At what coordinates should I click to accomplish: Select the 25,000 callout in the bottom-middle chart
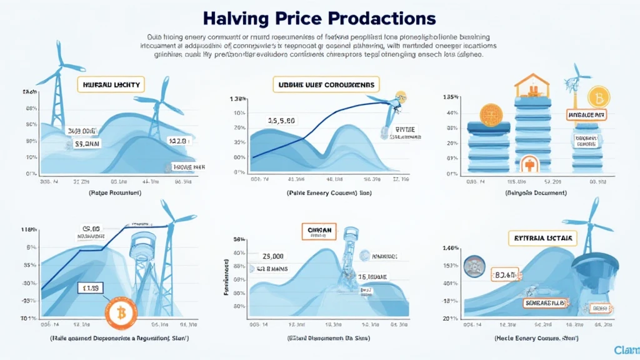[274, 256]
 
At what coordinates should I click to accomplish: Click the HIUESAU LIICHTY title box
[111, 84]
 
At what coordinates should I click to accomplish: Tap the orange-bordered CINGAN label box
[319, 230]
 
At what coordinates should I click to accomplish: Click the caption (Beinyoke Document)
[535, 192]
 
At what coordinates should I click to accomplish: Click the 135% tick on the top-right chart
[451, 97]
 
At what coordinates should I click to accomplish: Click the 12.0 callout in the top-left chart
[178, 141]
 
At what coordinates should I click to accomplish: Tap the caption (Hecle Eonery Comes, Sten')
[536, 338]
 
